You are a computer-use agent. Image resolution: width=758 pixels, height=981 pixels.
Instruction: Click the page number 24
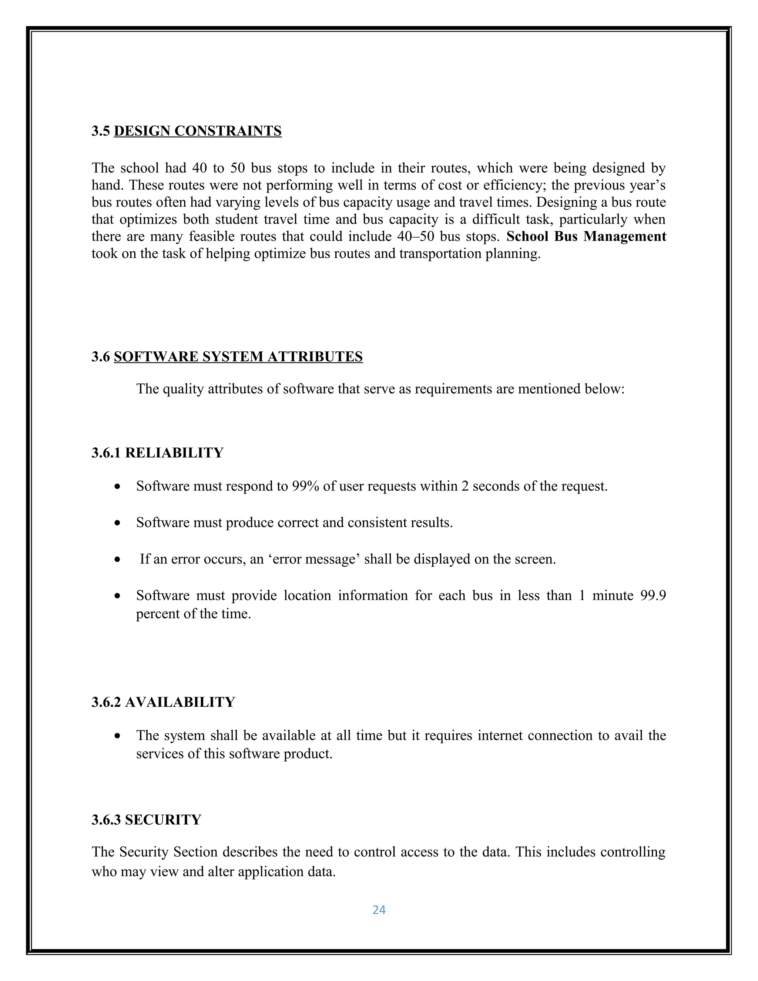[x=379, y=910]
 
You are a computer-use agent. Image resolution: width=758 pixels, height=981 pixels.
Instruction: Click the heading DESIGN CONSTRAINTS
[x=198, y=131]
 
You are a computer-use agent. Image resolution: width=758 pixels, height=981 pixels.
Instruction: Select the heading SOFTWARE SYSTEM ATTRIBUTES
[x=238, y=356]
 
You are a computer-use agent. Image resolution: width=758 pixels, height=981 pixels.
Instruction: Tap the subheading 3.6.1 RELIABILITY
[x=157, y=452]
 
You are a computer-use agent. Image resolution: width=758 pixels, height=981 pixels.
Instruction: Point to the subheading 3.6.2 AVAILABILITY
[x=163, y=702]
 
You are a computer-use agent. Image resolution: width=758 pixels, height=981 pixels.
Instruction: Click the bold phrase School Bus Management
[x=586, y=236]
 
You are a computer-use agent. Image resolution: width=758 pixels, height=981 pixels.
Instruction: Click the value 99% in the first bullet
[x=305, y=486]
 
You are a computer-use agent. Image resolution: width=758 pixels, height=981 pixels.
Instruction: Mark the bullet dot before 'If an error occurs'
[x=117, y=560]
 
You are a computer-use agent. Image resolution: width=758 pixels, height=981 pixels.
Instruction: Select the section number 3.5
[x=101, y=131]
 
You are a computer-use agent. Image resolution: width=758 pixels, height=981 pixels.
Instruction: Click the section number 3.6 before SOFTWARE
[x=101, y=356]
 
